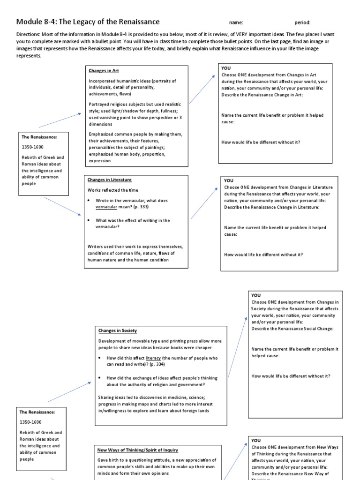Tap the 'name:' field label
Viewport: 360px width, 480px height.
coord(236,22)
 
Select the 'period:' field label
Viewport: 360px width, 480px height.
coord(302,22)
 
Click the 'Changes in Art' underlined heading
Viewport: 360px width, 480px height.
coord(104,71)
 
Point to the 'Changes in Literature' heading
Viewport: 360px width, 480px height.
coord(110,180)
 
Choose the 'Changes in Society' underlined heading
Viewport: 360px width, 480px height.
coord(118,331)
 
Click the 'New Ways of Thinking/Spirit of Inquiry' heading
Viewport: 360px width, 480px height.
coord(137,450)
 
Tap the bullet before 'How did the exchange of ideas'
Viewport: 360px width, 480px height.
coord(100,378)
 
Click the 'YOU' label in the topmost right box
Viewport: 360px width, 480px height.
coord(226,68)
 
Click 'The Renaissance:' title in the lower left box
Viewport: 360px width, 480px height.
coord(38,412)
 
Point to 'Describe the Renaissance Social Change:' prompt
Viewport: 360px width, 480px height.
coord(292,329)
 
